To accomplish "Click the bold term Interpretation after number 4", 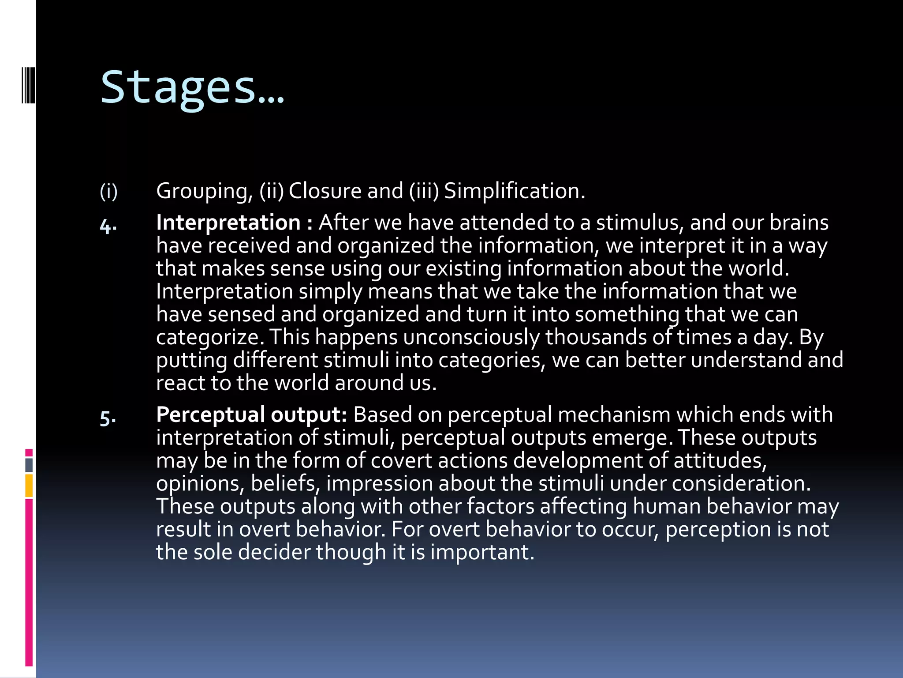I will click(x=228, y=222).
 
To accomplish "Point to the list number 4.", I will click(x=108, y=226).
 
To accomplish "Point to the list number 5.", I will click(x=108, y=418).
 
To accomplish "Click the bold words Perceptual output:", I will click(x=251, y=415).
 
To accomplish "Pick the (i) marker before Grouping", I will click(x=108, y=192).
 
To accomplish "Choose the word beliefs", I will click(x=285, y=483).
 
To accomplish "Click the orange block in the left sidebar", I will click(x=29, y=486).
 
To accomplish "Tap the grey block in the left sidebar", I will click(x=29, y=465).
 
